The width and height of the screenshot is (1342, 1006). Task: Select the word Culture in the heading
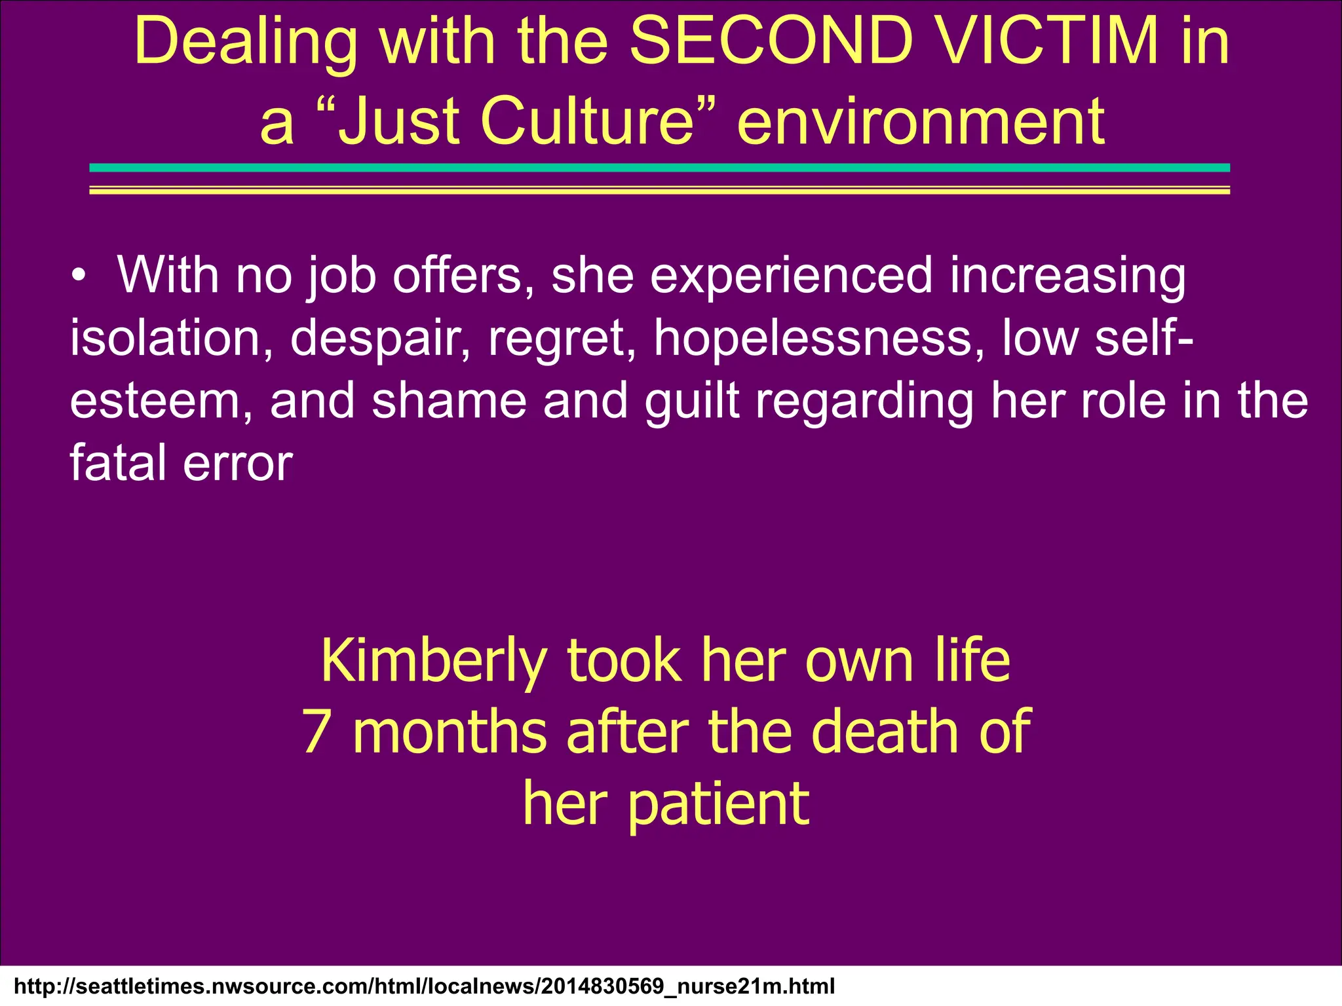(x=586, y=121)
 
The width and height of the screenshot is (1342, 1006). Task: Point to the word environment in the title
(x=921, y=121)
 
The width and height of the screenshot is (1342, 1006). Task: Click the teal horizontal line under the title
(x=659, y=168)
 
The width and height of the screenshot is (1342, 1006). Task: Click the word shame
(x=449, y=400)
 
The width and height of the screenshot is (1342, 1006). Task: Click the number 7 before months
(x=316, y=732)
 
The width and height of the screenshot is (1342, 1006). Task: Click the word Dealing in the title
(x=246, y=43)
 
